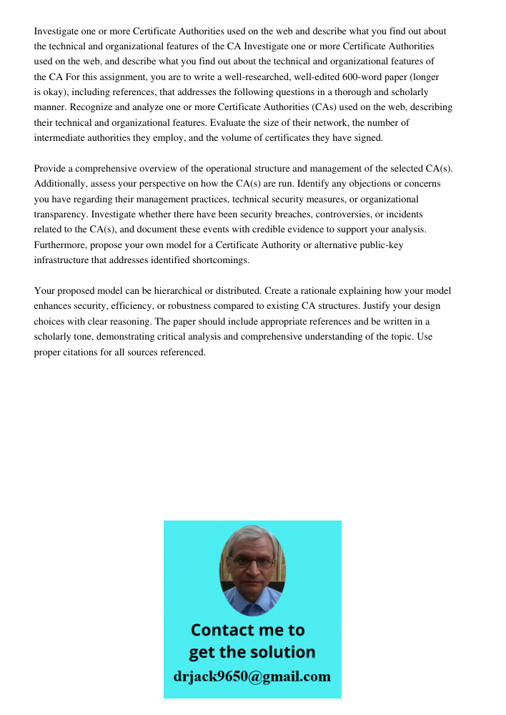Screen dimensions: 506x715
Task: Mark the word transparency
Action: click(63, 214)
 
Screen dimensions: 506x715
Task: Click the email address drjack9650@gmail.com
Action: click(252, 676)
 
